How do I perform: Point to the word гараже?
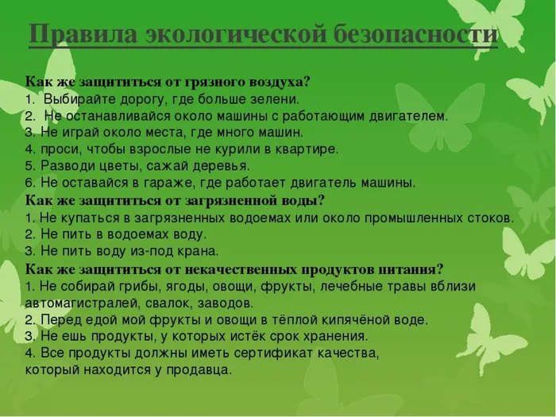pyautogui.click(x=149, y=183)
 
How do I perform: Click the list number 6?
pyautogui.click(x=29, y=183)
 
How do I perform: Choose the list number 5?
pyautogui.click(x=29, y=166)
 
